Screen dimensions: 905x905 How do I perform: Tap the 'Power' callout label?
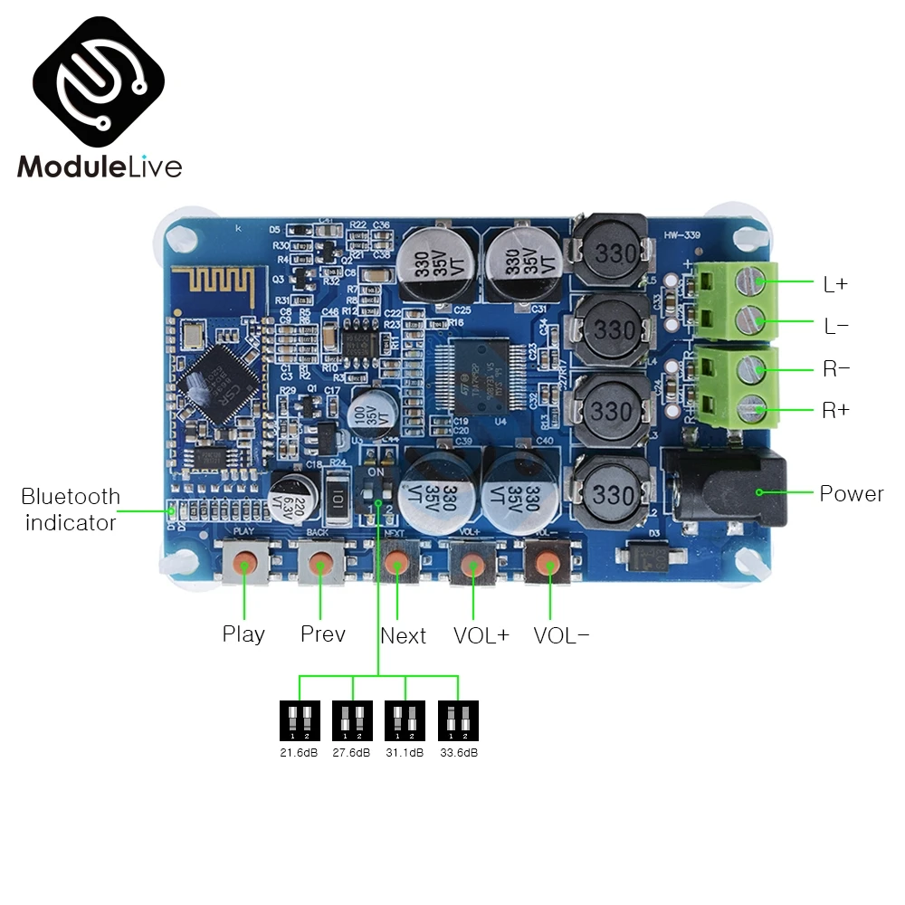tap(851, 494)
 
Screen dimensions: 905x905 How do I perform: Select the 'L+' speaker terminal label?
tap(835, 284)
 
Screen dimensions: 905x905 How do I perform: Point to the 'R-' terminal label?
tap(835, 369)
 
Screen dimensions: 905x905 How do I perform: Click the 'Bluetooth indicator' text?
tap(71, 510)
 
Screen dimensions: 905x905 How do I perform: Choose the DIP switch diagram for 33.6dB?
tap(458, 720)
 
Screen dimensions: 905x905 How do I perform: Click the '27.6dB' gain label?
tap(352, 752)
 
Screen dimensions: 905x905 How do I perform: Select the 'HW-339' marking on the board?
tap(686, 236)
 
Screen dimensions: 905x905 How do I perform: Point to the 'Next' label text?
tap(404, 635)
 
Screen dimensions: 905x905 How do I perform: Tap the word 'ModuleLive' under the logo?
tap(99, 167)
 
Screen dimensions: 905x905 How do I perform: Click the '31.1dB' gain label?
tap(405, 752)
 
